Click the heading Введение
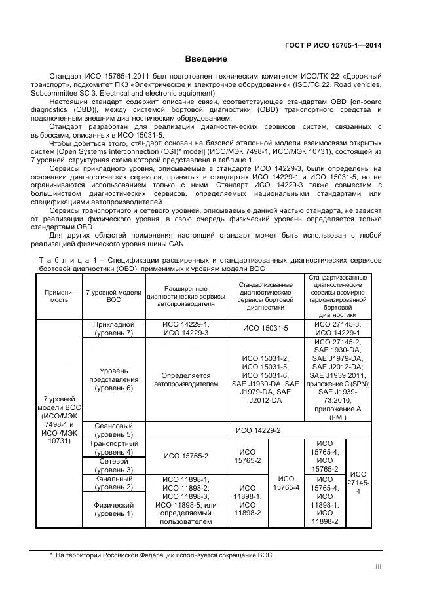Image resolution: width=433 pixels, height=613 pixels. [205, 59]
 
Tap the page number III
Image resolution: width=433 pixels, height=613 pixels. [378, 567]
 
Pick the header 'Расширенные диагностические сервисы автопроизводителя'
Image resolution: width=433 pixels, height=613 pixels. [186, 295]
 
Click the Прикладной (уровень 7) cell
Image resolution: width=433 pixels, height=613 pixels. [115, 329]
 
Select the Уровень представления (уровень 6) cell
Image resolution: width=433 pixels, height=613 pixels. [115, 379]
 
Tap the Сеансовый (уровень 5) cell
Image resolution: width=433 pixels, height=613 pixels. [115, 430]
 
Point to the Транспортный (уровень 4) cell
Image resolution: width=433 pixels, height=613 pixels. [115, 447]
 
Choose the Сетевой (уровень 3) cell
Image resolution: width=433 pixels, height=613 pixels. [115, 465]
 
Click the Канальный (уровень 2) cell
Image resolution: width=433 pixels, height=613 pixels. [115, 483]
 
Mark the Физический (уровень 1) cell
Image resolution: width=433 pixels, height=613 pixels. [115, 510]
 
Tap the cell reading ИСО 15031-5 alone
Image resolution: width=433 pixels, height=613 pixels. [265, 329]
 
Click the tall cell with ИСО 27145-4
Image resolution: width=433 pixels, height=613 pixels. [357, 483]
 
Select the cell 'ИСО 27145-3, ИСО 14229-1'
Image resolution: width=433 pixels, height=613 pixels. [338, 329]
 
